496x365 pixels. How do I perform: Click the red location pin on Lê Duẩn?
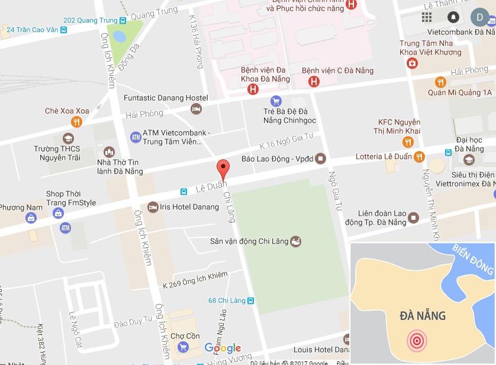[223, 168]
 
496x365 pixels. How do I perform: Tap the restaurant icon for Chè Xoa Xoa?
[76, 123]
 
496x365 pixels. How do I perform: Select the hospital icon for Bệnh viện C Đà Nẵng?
[314, 82]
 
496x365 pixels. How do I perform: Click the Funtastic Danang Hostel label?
[166, 98]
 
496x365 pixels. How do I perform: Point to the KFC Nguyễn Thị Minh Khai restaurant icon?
[408, 142]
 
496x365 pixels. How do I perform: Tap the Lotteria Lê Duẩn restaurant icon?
[419, 157]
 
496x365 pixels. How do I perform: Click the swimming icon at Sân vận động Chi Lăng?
[296, 241]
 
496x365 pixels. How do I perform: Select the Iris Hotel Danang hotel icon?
[153, 207]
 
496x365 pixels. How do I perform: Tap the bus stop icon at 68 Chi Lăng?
[251, 301]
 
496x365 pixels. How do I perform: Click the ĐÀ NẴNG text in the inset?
[423, 315]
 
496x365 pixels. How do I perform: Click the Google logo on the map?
[223, 348]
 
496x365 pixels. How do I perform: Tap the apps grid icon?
[427, 17]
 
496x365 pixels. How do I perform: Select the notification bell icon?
[453, 17]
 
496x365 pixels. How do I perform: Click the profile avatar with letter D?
[480, 17]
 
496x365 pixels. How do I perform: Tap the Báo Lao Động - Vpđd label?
[278, 159]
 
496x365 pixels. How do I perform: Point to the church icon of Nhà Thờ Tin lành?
[108, 152]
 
